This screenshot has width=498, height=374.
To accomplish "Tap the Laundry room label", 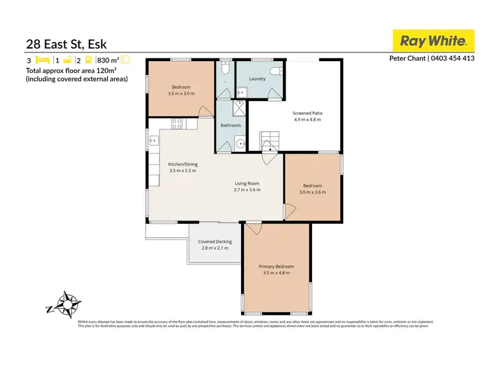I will (257, 79).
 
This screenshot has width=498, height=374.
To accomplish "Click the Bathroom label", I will (230, 125).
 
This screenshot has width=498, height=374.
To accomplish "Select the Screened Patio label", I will (307, 113).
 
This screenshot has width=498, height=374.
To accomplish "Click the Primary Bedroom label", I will (276, 266).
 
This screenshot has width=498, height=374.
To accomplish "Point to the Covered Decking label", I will (214, 241).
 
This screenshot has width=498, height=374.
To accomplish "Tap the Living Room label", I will (247, 183).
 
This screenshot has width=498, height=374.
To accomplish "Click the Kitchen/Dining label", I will (183, 164).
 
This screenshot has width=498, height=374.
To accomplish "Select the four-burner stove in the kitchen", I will (177, 124).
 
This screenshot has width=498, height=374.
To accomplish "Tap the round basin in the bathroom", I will (240, 143).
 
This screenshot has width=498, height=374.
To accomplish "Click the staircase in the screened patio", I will (270, 141).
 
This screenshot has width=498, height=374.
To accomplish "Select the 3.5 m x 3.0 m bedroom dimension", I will (181, 94).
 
